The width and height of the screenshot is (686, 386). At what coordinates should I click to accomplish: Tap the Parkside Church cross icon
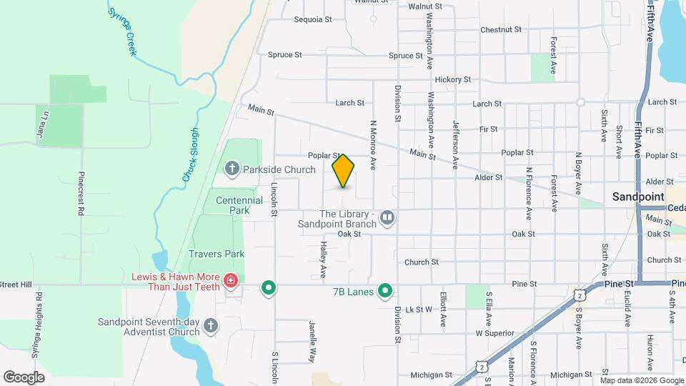[x=232, y=169]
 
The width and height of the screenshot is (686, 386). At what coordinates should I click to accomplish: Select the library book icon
[x=387, y=216]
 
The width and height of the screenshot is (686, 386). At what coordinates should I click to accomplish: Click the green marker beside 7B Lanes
[x=385, y=290]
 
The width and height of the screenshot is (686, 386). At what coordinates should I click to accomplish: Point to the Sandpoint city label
[x=638, y=197]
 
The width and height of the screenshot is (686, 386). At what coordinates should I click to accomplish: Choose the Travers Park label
[x=216, y=254]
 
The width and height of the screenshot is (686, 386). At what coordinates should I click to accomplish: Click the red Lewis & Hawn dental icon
[x=230, y=280]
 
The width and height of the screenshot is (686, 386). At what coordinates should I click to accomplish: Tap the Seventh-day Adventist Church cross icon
[x=210, y=326]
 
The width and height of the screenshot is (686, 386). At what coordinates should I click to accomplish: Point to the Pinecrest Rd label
[x=82, y=194]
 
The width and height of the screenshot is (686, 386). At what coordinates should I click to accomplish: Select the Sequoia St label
[x=313, y=20]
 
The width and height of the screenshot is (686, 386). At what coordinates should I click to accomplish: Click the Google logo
[x=24, y=377]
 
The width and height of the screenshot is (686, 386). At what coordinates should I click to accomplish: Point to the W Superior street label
[x=494, y=333]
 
